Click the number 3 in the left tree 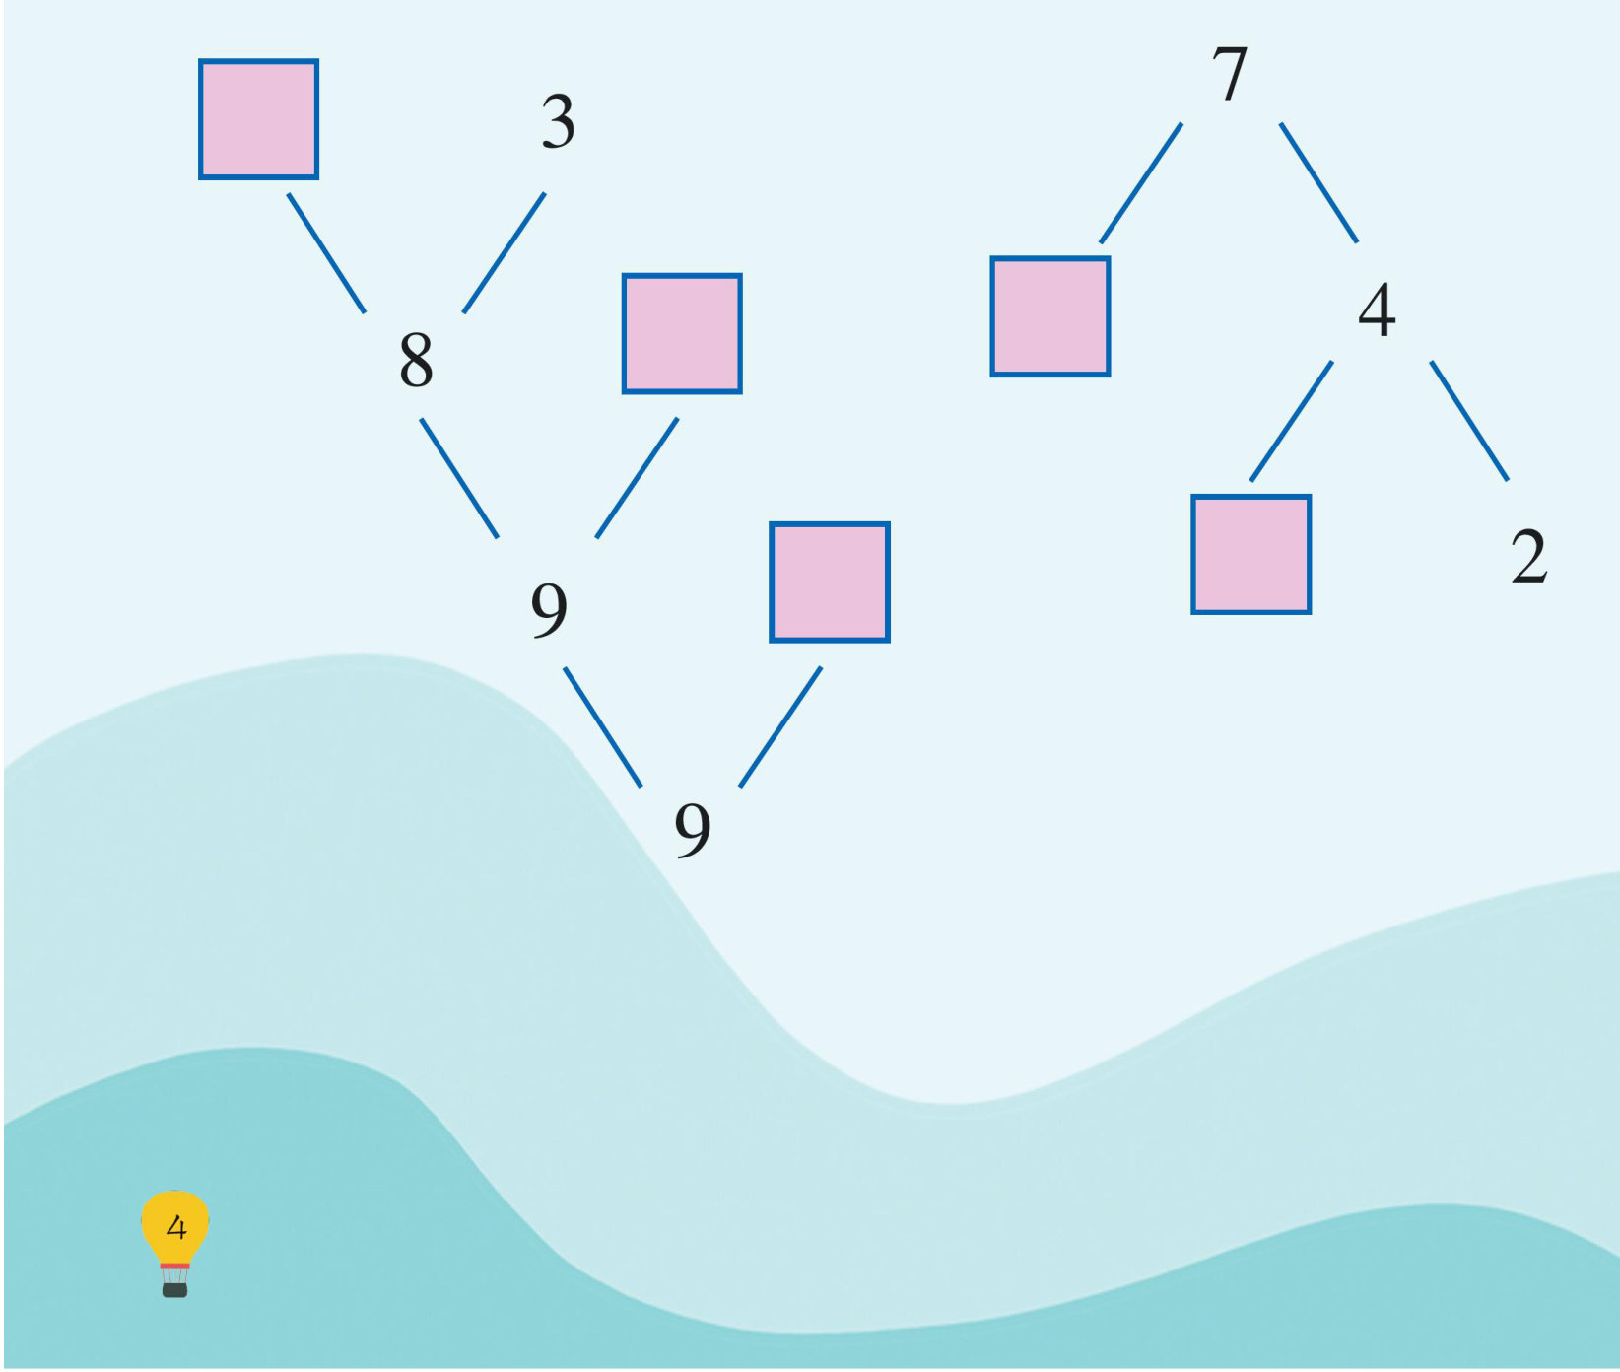[x=558, y=122]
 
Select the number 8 [x=416, y=359]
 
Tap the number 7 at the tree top [x=1230, y=74]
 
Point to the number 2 [x=1528, y=557]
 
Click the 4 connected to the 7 [x=1377, y=309]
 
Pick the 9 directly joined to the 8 [x=549, y=608]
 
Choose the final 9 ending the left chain [x=693, y=829]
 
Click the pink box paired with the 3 [x=258, y=119]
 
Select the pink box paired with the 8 [x=682, y=333]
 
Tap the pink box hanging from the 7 [x=1050, y=316]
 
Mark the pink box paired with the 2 [x=1250, y=554]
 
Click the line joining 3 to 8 [x=504, y=253]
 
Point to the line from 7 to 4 [x=1318, y=182]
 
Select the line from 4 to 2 [x=1468, y=421]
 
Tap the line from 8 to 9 [x=459, y=478]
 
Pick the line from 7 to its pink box [x=1141, y=182]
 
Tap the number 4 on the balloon [x=176, y=1228]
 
